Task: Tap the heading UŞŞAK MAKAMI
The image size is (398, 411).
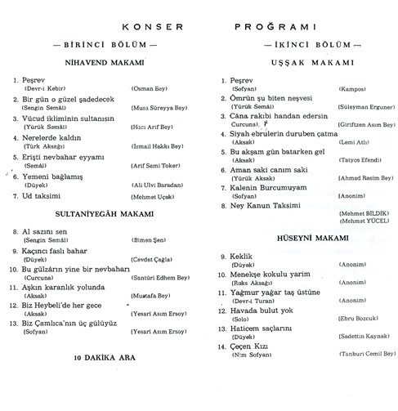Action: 297,63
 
